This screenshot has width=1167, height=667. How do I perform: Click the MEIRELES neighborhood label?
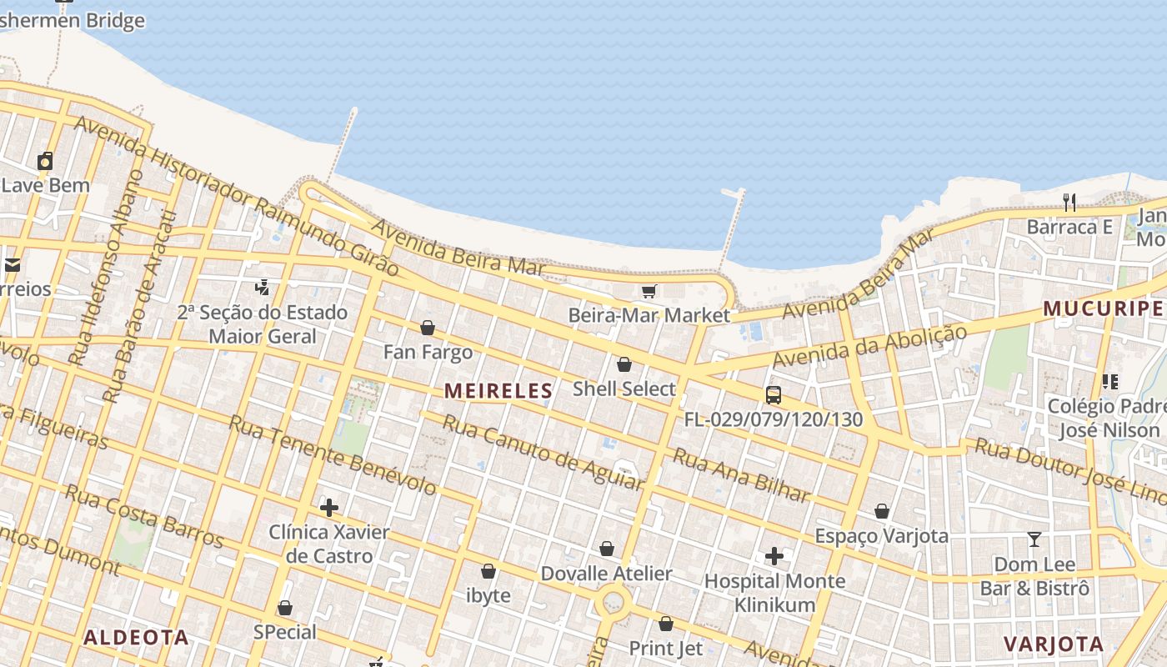click(498, 390)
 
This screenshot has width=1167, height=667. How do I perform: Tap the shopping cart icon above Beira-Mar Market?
click(649, 292)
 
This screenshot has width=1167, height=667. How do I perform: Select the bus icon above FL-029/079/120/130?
click(774, 394)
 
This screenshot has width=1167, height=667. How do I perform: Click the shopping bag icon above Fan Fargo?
click(428, 328)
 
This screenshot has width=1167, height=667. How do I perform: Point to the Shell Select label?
click(624, 389)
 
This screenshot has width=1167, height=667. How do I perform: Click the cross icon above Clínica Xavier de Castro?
click(329, 507)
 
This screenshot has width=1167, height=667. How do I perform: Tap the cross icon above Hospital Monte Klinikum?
click(774, 555)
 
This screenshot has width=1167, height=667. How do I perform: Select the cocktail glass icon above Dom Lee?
click(1034, 539)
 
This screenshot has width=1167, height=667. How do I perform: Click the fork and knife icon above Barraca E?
click(1069, 202)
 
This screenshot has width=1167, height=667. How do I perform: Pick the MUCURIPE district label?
click(1102, 308)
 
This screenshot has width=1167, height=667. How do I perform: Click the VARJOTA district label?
click(1054, 644)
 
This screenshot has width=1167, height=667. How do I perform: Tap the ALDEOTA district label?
click(136, 638)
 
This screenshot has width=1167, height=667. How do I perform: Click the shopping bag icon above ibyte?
click(488, 571)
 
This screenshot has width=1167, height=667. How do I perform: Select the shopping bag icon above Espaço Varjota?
click(882, 511)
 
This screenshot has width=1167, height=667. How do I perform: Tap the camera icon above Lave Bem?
click(46, 160)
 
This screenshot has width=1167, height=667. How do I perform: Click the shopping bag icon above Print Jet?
click(666, 624)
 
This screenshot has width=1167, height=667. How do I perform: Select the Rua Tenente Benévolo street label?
click(333, 454)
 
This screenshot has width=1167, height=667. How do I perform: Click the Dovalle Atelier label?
click(606, 574)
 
